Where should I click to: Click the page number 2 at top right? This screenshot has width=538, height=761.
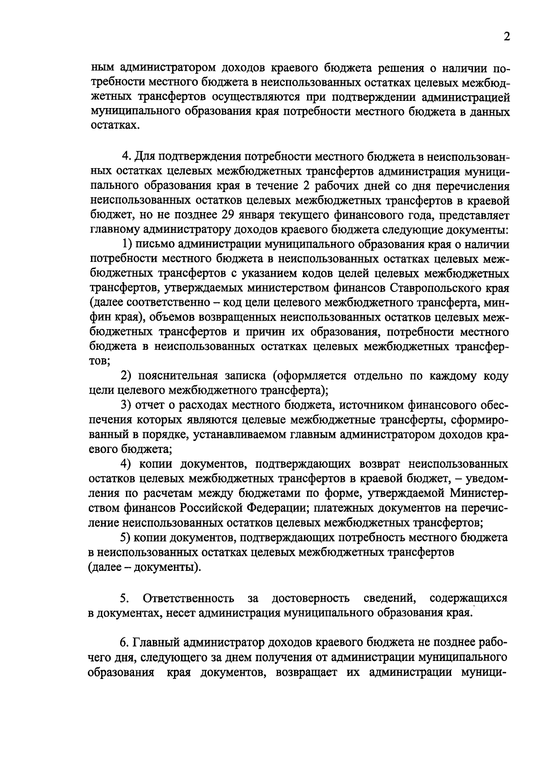tap(506, 37)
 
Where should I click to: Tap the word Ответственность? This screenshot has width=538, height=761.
tap(188, 599)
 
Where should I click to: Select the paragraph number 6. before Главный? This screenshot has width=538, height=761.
tap(125, 643)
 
